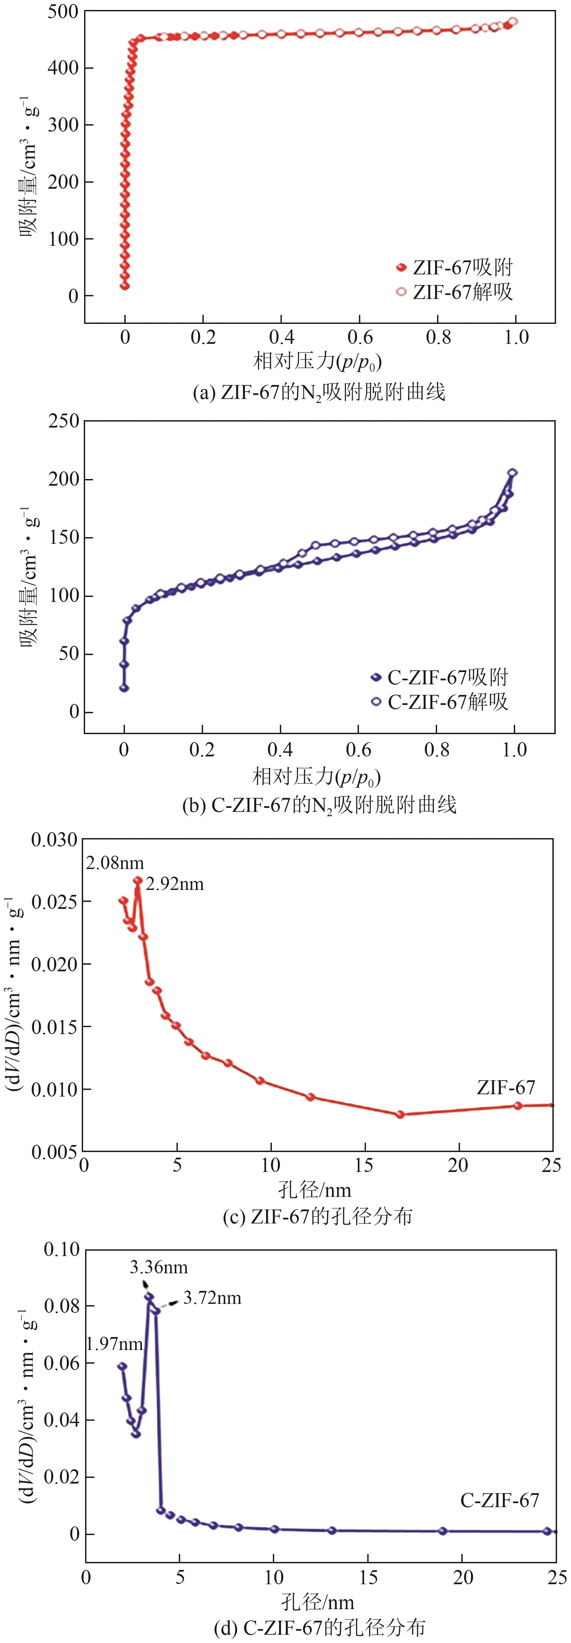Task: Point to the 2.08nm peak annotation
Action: point(115,864)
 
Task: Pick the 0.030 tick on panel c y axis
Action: point(54,839)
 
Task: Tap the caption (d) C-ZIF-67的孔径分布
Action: point(319,1628)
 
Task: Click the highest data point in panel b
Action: point(512,473)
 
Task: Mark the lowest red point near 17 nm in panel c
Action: point(400,1114)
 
